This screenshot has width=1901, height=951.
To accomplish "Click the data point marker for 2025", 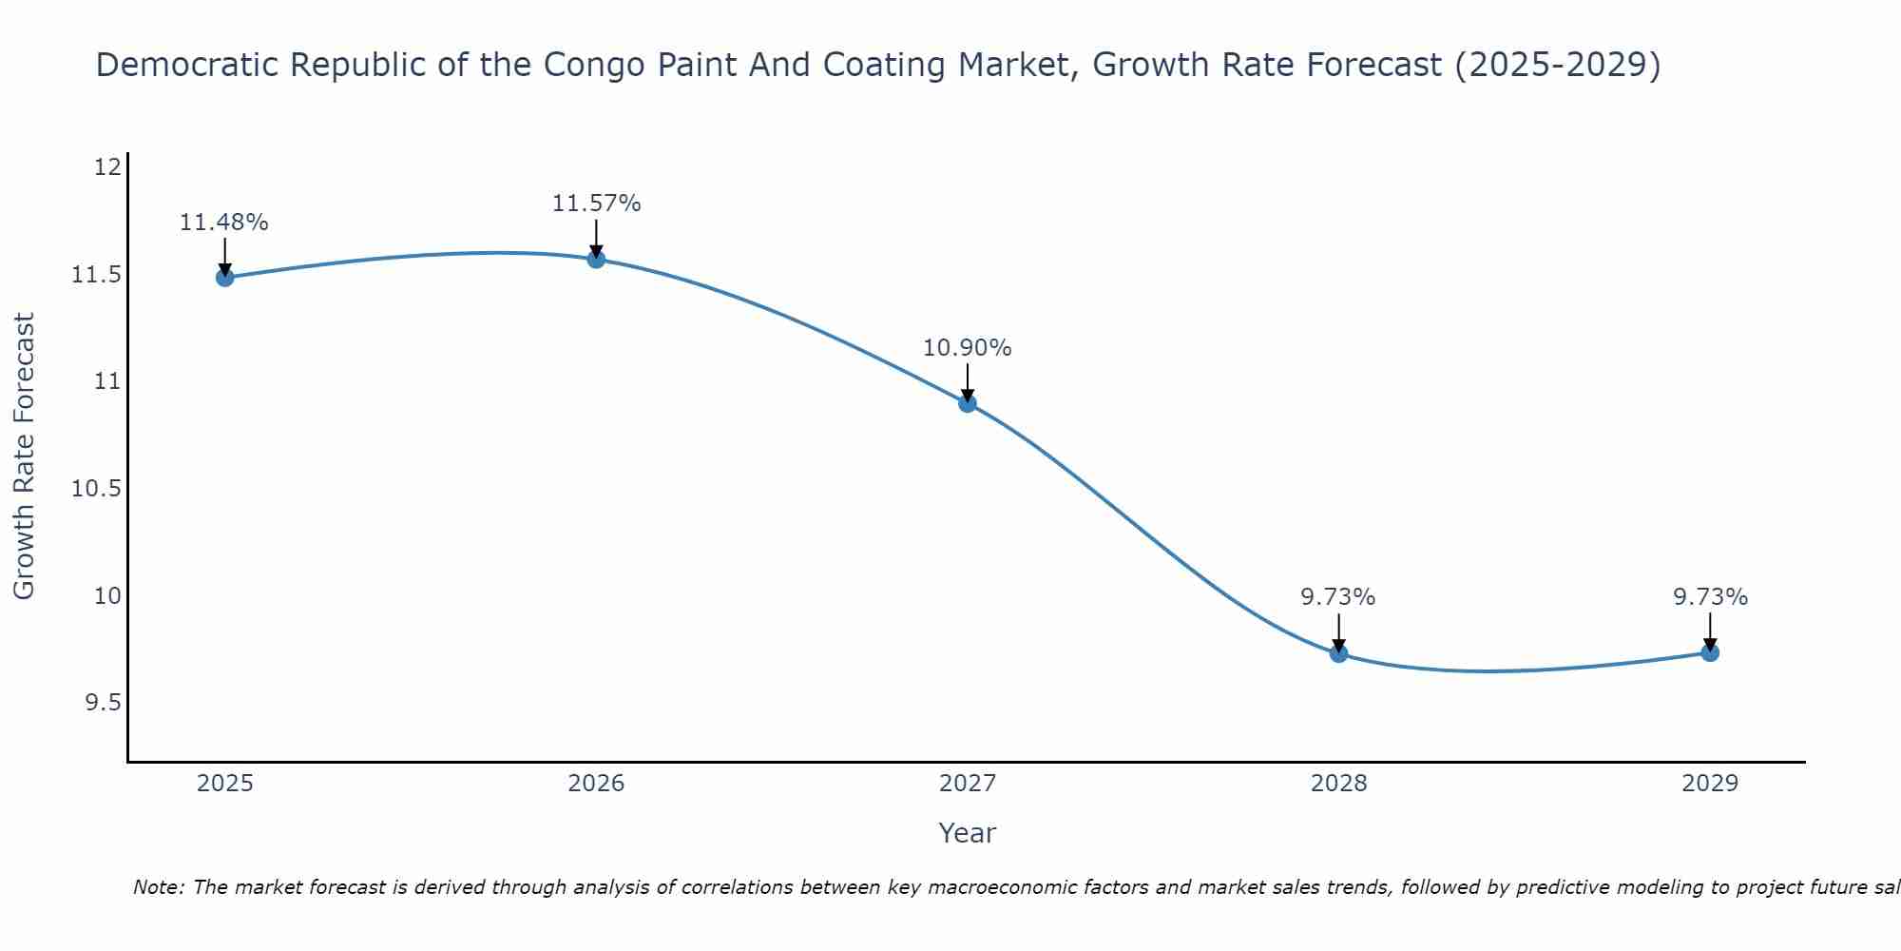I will click(225, 278).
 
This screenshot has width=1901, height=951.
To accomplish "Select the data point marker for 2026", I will click(596, 259).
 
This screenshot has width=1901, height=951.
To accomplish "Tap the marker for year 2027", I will click(968, 403).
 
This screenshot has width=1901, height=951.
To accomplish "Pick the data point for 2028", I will click(1338, 653).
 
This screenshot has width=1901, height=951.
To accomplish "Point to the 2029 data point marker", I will click(1710, 652).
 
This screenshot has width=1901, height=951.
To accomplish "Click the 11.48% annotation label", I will click(224, 223).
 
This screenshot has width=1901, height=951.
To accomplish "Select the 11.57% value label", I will click(597, 204).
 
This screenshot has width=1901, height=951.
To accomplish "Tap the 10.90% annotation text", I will click(968, 348).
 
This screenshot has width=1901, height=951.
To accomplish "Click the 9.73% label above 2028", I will click(1338, 597).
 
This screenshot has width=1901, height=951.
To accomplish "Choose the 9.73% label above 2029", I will click(1710, 597).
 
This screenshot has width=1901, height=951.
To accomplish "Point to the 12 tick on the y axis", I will click(108, 167).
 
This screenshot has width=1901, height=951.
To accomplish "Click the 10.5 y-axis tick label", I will click(97, 489).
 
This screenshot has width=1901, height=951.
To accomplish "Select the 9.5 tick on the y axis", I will click(104, 703).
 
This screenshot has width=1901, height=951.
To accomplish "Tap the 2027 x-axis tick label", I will click(968, 784).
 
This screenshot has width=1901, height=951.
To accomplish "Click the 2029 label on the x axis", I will click(1710, 784).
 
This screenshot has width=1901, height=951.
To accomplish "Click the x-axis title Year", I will click(968, 833).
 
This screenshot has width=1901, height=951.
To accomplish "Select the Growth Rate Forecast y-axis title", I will click(24, 456).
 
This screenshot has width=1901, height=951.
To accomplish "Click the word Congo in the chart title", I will click(586, 65).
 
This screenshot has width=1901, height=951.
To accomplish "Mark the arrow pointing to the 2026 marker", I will click(596, 238).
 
